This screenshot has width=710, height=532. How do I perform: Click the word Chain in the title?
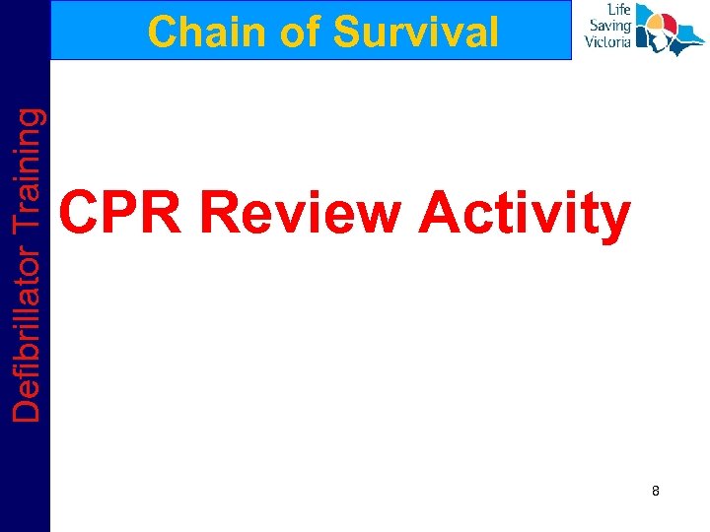click(202, 33)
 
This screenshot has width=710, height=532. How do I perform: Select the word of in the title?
click(297, 33)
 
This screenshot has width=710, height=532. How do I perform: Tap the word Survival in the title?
click(416, 33)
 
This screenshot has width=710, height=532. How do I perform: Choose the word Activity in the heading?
click(524, 214)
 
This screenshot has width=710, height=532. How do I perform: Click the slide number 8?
click(655, 490)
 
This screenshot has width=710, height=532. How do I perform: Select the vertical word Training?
click(29, 157)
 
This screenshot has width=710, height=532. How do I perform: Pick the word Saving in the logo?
click(610, 27)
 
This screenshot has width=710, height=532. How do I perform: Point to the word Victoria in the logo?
click(607, 42)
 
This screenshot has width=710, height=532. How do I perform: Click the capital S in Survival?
click(346, 33)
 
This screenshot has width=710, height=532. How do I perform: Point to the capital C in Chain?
click(161, 33)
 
